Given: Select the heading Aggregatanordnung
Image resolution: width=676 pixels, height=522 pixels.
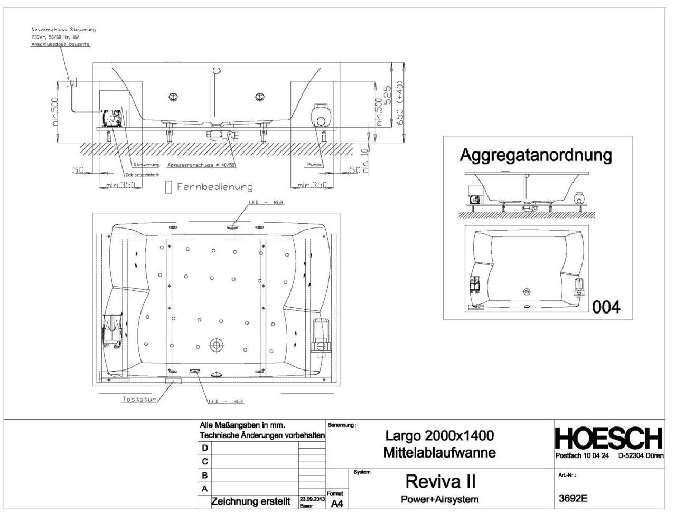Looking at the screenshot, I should click(x=536, y=155).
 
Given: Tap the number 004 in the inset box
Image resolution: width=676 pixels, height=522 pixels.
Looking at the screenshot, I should click(x=606, y=307).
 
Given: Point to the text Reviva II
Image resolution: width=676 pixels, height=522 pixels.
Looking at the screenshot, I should click(x=440, y=481).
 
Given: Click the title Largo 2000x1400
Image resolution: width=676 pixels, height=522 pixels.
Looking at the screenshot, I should click(x=439, y=435).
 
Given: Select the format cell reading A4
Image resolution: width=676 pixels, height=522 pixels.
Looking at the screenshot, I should click(x=336, y=504).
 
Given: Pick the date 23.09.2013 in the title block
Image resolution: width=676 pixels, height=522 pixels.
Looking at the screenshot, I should click(x=312, y=498).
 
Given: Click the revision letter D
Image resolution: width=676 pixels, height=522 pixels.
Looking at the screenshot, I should click(x=205, y=448).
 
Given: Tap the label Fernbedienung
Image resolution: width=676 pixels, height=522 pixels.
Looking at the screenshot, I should click(x=214, y=187).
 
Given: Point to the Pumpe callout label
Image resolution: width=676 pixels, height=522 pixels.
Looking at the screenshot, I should click(x=315, y=165).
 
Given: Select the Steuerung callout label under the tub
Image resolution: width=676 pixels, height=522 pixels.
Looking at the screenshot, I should click(x=146, y=165).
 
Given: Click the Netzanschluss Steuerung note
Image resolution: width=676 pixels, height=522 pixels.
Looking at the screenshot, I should click(x=63, y=30).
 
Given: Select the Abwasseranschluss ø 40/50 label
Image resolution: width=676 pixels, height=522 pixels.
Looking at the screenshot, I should click(x=201, y=165).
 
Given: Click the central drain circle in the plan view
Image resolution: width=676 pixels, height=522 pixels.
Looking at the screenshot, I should click(x=216, y=345).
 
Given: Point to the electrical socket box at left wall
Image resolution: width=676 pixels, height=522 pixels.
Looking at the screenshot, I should click(x=71, y=83).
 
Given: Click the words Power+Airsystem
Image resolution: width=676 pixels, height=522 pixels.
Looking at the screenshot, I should click(x=440, y=499).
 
